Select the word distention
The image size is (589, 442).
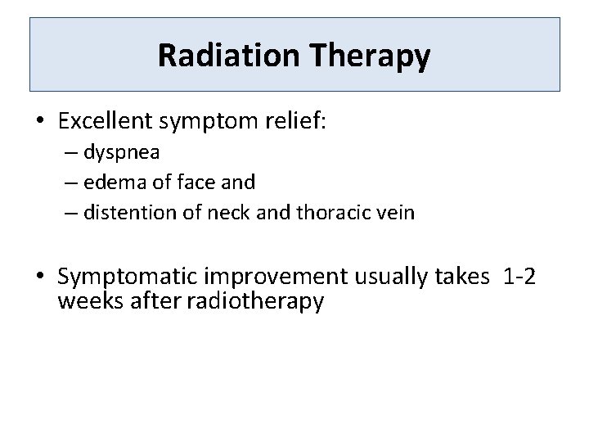tap(125, 213)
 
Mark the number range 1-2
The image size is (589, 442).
tap(520, 277)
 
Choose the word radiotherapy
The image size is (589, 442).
tap(256, 300)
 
